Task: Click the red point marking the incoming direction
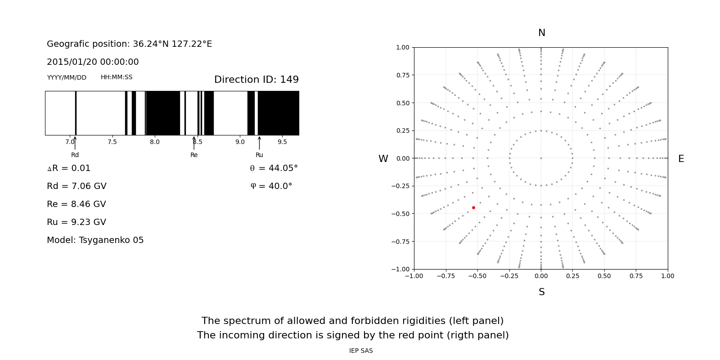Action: (473, 207)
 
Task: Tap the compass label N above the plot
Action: (541, 33)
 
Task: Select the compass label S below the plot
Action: (541, 292)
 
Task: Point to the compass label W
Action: (383, 159)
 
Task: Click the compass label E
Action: (681, 159)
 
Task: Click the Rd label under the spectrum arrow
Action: (75, 155)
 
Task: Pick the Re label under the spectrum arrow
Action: (194, 155)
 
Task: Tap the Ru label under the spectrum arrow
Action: (259, 155)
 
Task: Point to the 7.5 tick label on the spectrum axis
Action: (112, 142)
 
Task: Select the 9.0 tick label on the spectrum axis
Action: (240, 142)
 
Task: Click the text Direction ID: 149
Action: (256, 80)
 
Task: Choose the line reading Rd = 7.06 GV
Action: (76, 186)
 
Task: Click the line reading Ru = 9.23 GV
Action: (76, 222)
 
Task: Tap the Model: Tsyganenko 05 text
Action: (95, 240)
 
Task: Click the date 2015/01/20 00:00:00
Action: (93, 62)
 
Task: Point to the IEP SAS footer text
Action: (361, 351)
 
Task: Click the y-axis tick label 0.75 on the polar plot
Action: (402, 75)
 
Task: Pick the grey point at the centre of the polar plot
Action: (541, 158)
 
